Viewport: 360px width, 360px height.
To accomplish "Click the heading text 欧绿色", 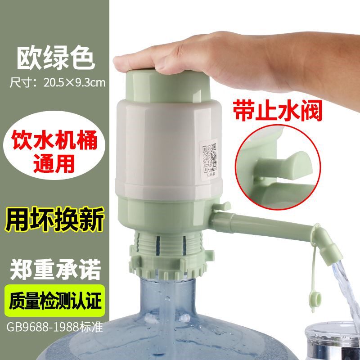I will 56,58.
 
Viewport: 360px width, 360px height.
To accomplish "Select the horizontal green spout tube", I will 265,225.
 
